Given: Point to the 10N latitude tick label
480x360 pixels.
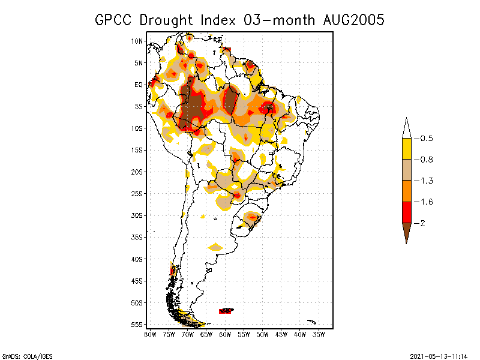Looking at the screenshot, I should [137, 41].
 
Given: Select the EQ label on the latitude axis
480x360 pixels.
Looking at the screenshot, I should [139, 85].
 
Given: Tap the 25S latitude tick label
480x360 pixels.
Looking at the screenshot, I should [137, 194].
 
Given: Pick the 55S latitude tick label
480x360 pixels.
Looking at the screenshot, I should [137, 325].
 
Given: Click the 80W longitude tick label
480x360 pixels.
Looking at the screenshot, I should [150, 334].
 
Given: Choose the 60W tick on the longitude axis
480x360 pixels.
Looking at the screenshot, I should [225, 334].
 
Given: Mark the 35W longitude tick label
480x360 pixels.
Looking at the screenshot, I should [319, 334].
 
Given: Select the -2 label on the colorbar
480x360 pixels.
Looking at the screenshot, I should [424, 223].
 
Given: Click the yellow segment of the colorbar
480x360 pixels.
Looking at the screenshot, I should [406, 149].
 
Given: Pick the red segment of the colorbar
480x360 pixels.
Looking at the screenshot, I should [406, 212].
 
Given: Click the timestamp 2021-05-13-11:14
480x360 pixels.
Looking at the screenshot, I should [439, 356].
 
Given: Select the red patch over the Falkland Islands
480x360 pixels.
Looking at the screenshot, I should [226, 311].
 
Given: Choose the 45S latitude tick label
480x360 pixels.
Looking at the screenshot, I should [137, 281].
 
